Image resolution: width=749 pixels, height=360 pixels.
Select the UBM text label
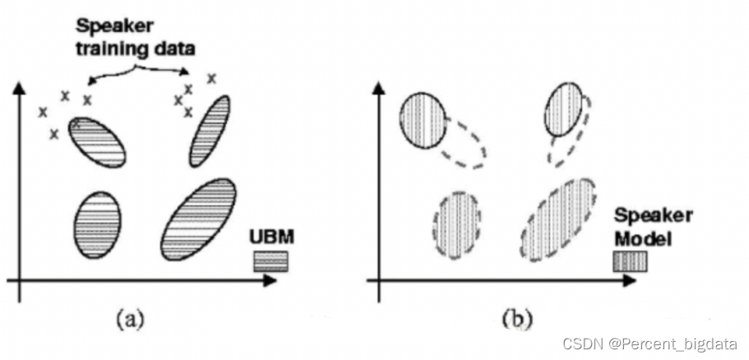point(271,238)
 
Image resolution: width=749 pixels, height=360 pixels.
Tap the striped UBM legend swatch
point(270,261)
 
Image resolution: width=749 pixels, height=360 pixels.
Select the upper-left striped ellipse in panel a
point(97,141)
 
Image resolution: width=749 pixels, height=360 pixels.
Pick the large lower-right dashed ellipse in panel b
point(558,219)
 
